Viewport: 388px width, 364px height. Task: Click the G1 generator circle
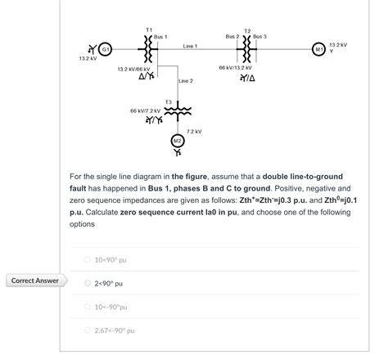[106, 48]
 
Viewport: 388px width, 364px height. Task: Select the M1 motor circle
[319, 48]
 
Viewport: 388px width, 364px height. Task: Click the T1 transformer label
[148, 29]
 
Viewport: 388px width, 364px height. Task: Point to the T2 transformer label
[247, 30]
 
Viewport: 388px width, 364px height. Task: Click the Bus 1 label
[160, 37]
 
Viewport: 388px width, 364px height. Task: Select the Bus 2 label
[232, 37]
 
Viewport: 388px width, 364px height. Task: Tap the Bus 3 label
[259, 37]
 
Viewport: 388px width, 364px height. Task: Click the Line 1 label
[190, 45]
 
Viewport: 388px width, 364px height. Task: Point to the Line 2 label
[186, 81]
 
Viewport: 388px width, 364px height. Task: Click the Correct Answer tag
[34, 281]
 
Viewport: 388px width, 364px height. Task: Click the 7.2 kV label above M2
[194, 131]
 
